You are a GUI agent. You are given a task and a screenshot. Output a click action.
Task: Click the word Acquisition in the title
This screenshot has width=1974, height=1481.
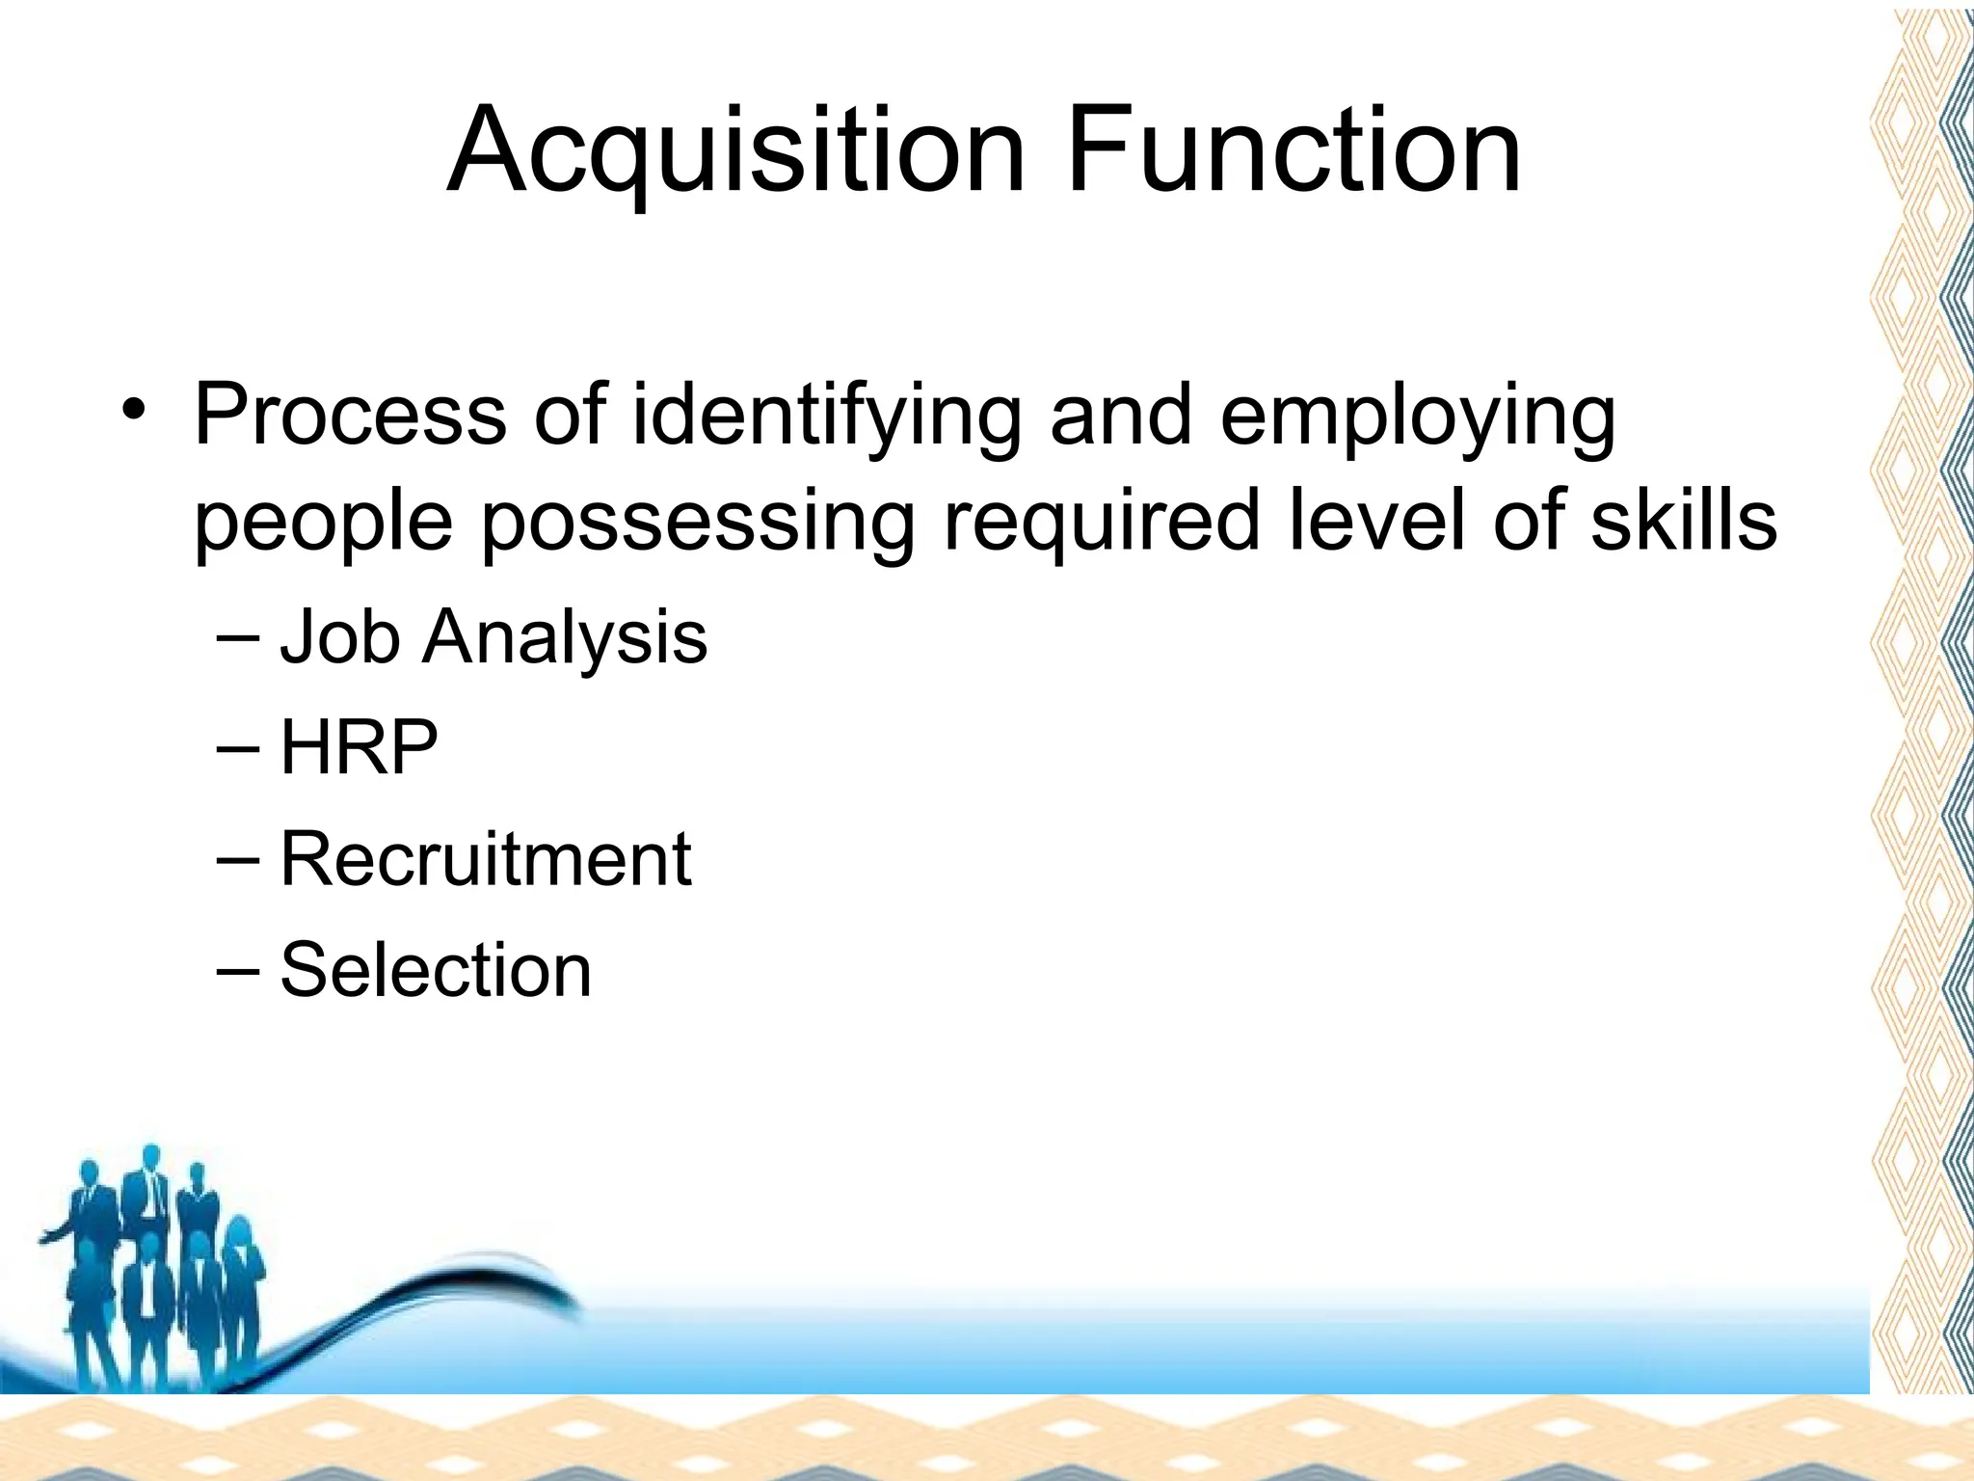736,151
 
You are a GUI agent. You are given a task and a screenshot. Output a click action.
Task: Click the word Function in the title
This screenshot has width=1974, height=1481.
1294,151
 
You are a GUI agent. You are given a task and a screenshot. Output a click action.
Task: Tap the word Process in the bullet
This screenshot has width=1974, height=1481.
350,417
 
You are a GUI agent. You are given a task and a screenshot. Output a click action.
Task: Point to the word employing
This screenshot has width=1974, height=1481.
1417,417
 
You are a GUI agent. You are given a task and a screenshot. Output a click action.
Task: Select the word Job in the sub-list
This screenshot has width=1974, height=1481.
339,638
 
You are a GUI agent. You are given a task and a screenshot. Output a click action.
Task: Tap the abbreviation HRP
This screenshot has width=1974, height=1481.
359,747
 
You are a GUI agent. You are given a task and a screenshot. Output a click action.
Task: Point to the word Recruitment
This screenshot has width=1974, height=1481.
485,858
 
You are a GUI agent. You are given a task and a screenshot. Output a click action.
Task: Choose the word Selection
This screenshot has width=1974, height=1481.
436,969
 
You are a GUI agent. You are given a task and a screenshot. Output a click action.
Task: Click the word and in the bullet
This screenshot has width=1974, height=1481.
1121,417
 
